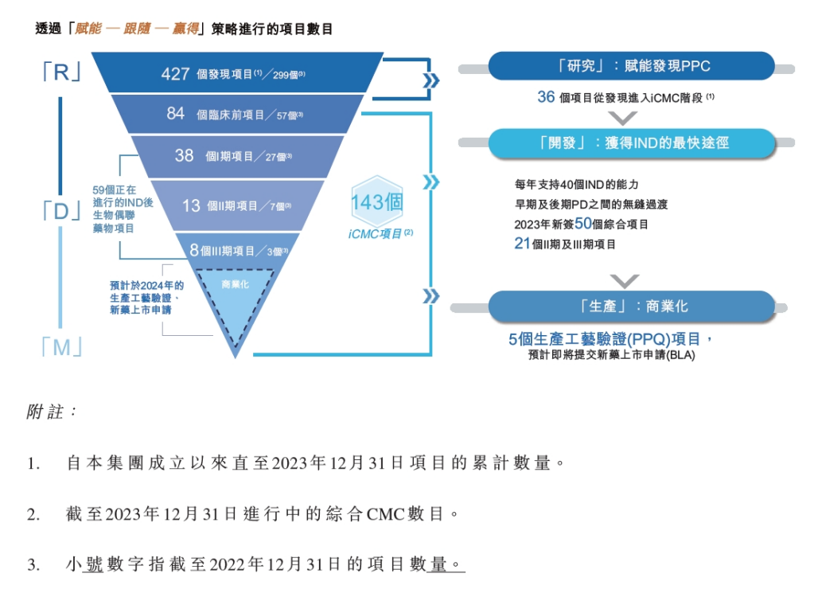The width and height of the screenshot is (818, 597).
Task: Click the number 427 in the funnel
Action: click(175, 73)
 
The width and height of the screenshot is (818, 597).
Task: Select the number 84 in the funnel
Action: click(175, 113)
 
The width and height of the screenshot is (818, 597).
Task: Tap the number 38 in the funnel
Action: click(184, 155)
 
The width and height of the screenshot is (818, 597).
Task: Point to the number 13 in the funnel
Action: click(191, 205)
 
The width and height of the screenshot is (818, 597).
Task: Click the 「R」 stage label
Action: click(61, 72)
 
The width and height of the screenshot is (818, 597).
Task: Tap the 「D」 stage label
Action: click(61, 211)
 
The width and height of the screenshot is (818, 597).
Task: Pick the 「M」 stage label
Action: click(61, 347)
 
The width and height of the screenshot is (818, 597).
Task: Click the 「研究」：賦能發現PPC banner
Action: click(631, 66)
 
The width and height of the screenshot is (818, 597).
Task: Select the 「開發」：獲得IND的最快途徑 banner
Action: click(631, 143)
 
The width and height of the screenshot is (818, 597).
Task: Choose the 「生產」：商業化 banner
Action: click(631, 306)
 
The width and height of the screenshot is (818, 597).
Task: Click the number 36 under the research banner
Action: click(546, 96)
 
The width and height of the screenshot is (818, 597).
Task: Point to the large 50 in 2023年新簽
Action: click(582, 224)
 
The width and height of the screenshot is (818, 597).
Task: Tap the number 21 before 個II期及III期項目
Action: click(522, 244)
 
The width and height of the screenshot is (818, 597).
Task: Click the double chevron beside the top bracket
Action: click(431, 81)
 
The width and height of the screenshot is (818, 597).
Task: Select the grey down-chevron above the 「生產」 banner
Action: click(624, 281)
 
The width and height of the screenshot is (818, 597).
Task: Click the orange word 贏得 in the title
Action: click(185, 28)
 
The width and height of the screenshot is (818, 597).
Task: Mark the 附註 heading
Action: click(51, 412)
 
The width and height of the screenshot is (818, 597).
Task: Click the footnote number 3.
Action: click(33, 564)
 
